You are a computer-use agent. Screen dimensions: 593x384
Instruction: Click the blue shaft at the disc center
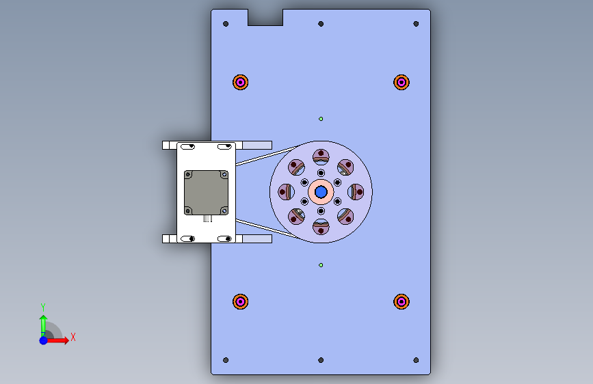(321, 192)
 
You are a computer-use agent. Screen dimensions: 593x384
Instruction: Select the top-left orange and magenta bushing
(241, 82)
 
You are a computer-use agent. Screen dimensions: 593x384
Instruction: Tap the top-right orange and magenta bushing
(401, 82)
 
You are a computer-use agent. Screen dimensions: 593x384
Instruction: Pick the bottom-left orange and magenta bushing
(241, 301)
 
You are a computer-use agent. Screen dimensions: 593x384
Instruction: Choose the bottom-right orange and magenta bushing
(401, 301)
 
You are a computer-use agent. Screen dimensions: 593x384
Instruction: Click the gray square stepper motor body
(206, 193)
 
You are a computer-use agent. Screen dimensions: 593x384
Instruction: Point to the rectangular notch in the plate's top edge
(265, 17)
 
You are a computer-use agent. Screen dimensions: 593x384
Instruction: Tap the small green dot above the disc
(321, 119)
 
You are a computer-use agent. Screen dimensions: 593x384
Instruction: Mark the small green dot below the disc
(321, 265)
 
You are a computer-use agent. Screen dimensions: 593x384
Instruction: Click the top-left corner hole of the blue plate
(226, 24)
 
